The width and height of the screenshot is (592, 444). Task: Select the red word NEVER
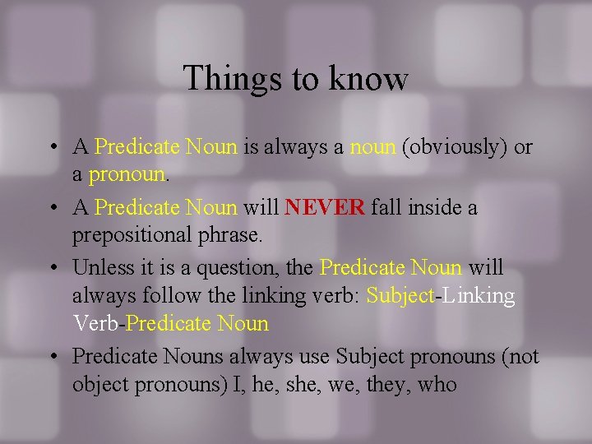(x=325, y=208)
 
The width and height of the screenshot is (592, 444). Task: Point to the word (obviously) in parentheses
(x=455, y=147)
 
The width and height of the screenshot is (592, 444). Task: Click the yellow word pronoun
(x=127, y=175)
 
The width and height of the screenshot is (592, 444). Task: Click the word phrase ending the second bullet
(x=233, y=236)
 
